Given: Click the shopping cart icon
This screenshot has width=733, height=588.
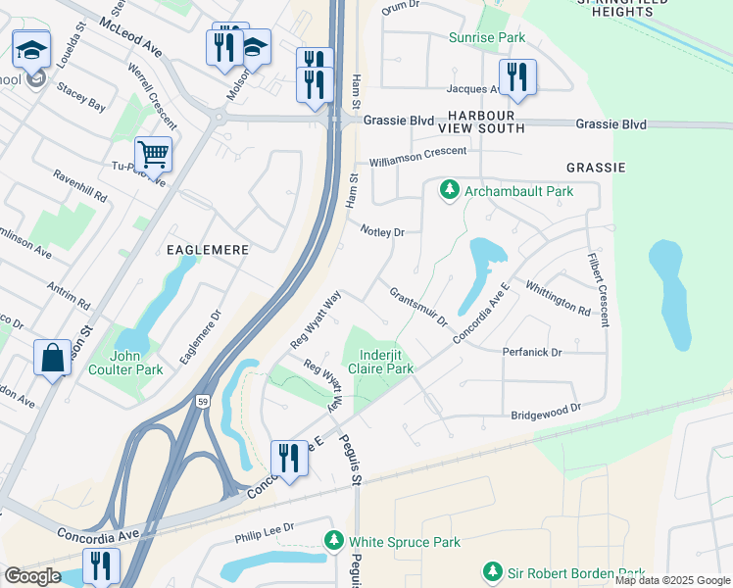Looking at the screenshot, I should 154,154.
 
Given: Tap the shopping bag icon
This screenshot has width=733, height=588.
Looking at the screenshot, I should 51,358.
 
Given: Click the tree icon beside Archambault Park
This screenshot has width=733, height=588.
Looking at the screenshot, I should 450,189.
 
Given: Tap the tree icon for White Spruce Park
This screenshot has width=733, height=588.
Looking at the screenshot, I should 334,541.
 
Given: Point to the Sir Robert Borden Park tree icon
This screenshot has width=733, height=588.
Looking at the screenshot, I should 493,570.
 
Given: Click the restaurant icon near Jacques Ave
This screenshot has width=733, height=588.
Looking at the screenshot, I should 516,77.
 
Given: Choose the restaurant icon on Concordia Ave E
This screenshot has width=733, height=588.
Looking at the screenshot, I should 288,459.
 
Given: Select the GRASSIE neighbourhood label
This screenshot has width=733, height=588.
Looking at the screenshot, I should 595,168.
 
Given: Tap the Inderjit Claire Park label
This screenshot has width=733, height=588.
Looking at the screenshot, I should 386,362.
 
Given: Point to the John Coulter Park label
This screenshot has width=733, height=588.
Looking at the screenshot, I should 136,363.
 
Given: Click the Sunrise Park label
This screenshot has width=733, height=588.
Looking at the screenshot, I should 487,38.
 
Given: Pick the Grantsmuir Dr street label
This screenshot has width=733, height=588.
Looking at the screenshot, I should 418,307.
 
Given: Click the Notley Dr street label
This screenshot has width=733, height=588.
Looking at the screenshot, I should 382,232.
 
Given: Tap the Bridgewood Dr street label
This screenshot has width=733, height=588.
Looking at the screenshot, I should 547,412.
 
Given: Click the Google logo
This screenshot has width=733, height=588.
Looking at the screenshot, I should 33,576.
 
